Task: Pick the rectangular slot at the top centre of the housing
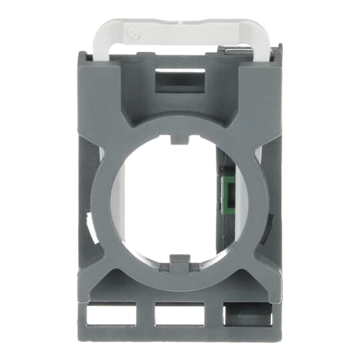[179, 81]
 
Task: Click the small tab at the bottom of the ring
[179, 261]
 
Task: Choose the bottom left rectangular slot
[110, 315]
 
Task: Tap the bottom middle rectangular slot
[179, 315]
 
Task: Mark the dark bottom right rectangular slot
[248, 315]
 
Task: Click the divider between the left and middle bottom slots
[145, 315]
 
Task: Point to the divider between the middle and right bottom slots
[213, 315]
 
